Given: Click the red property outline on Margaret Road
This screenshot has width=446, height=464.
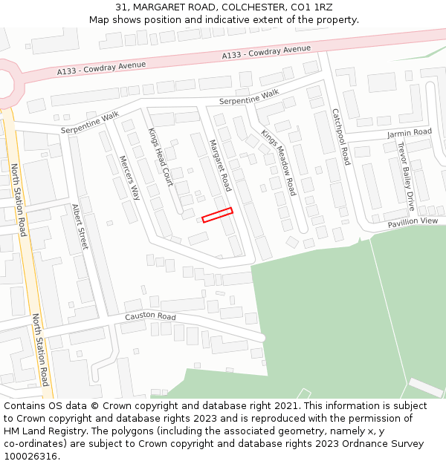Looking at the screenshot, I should coord(217,215).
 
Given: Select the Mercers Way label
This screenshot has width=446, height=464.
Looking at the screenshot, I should coord(129,177).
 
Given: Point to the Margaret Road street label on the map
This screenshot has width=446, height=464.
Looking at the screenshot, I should coord(219,165).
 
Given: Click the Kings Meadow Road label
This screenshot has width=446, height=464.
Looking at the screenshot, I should coord(278,163).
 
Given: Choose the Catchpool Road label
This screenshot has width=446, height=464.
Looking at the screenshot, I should coord(340,137).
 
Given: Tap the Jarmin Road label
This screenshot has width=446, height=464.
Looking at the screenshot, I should coord(409,133).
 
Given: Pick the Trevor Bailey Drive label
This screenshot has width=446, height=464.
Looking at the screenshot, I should coord(406,177).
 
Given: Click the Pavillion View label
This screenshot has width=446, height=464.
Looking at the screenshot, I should coord(413,221).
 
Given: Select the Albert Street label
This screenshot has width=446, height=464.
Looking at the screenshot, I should coord(80,226).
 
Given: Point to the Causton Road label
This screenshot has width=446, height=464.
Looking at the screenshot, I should coord(150,317).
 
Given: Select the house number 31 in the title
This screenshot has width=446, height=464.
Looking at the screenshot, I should coord(122,7).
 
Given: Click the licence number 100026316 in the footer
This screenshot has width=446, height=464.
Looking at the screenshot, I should coord(32,457).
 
